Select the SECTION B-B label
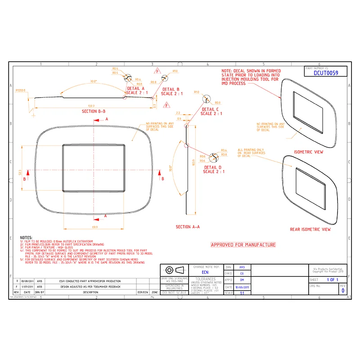[x=94, y=111]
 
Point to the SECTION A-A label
[x=188, y=227]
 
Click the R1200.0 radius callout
[x=21, y=90]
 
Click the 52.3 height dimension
[x=20, y=172]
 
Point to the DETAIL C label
[x=211, y=109]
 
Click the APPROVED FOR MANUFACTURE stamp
[x=243, y=245]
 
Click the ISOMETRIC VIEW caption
[x=308, y=152]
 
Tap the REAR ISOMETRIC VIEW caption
[x=310, y=229]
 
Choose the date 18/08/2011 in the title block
[x=242, y=287]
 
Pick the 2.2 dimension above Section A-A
[x=178, y=113]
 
